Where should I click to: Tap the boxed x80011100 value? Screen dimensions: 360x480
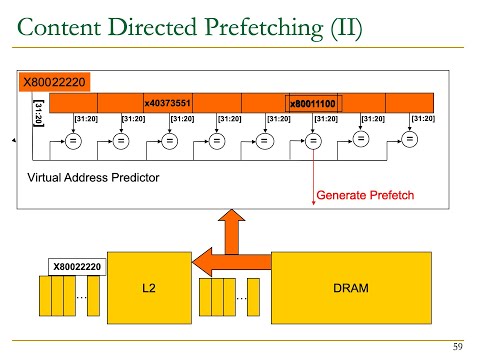(313, 103)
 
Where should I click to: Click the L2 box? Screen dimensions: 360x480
(148, 288)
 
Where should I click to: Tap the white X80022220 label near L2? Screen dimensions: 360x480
(77, 267)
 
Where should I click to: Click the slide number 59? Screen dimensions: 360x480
(459, 346)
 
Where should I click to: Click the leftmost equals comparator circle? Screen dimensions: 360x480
(72, 141)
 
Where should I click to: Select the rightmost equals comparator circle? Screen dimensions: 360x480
(409, 141)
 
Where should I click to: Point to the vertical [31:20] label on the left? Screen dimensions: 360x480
(38, 111)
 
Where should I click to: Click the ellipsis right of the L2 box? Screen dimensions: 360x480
(241, 297)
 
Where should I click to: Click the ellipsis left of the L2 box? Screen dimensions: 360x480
(82, 297)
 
